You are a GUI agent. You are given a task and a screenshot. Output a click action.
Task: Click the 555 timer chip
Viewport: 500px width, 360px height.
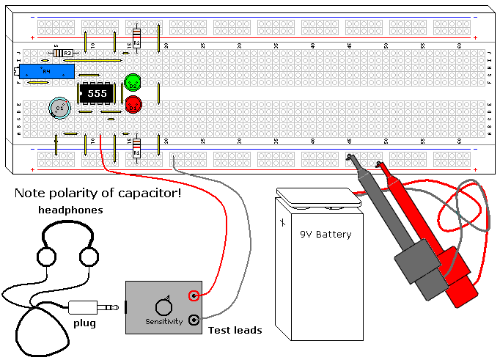coord(93,94)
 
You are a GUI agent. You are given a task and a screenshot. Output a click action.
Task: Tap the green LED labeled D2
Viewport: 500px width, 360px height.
coord(133,83)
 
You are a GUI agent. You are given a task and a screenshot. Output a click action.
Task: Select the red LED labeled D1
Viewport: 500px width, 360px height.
coord(133,105)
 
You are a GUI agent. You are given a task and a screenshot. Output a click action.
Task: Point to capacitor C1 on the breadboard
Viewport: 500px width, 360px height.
coord(59,108)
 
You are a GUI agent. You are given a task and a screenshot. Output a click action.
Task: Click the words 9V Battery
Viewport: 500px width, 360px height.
coord(326,235)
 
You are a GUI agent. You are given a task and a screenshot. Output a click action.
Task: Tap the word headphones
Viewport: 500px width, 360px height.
coord(70,210)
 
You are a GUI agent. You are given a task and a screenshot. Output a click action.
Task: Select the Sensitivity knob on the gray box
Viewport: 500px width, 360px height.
coord(163,306)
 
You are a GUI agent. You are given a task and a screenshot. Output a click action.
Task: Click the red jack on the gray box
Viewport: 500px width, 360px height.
coord(194,295)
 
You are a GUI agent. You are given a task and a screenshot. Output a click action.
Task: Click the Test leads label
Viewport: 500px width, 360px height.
coord(235,331)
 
